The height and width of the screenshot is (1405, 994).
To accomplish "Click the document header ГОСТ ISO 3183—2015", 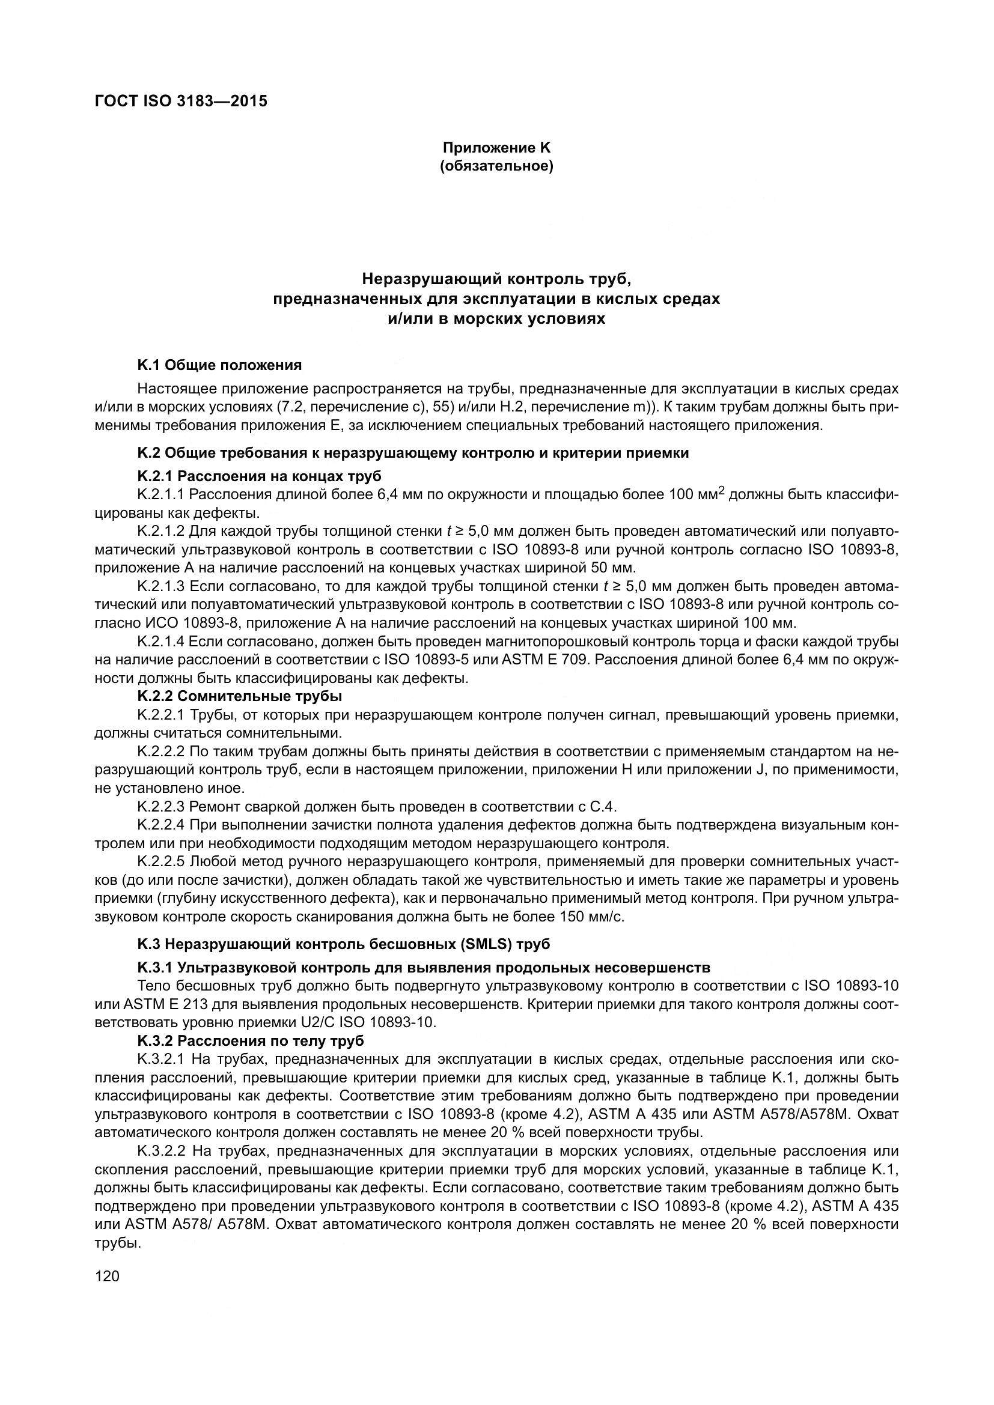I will pyautogui.click(x=181, y=101).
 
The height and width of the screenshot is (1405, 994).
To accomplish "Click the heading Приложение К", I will pyautogui.click(x=496, y=148).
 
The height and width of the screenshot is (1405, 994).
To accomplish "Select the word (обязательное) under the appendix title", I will pyautogui.click(x=496, y=166).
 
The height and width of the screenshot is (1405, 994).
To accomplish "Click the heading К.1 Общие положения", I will pyautogui.click(x=220, y=365).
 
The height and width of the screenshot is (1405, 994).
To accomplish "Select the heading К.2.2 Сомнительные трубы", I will pyautogui.click(x=239, y=696).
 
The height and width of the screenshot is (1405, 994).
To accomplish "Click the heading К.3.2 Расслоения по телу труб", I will pyautogui.click(x=251, y=1041).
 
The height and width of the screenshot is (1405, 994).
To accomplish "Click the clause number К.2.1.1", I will pyautogui.click(x=161, y=494).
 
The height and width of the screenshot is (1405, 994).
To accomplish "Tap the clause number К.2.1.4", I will pyautogui.click(x=161, y=642).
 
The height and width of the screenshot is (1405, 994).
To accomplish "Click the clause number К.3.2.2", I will pyautogui.click(x=161, y=1151).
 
